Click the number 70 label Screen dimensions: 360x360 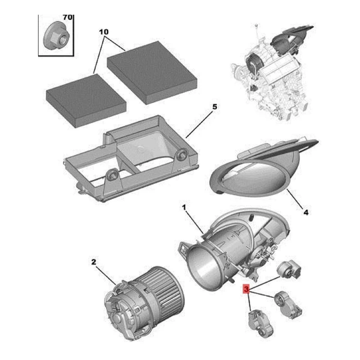click(67, 17)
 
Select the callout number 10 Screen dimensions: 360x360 click(103, 33)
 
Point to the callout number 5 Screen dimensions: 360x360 click(214, 107)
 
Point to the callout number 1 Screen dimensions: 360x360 click(184, 207)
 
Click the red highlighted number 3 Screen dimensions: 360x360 click(246, 289)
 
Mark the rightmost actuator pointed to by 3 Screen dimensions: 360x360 click(290, 303)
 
